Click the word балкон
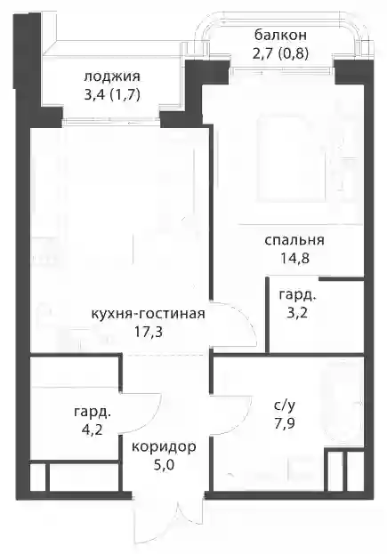click(x=280, y=36)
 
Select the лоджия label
click(x=112, y=76)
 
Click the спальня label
click(x=294, y=241)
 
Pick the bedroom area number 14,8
click(x=294, y=259)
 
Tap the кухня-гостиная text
click(x=148, y=314)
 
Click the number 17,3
click(x=148, y=332)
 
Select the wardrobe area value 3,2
click(x=297, y=313)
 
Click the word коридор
click(x=164, y=447)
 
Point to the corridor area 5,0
click(x=164, y=465)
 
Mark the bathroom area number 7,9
click(x=285, y=423)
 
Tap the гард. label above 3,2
click(x=297, y=295)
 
